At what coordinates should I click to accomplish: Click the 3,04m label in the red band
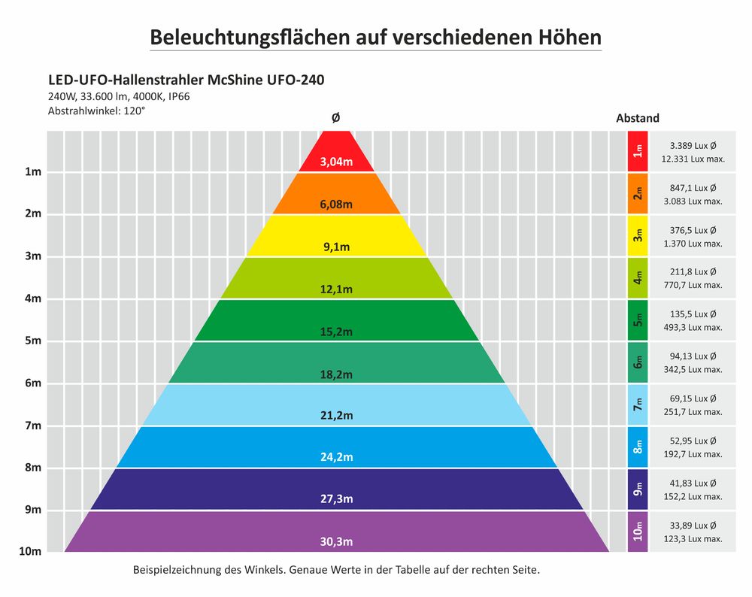coord(336,162)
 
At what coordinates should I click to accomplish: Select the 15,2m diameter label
coord(336,331)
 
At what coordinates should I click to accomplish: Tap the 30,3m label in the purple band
coord(336,541)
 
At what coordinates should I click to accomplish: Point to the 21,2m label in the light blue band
coord(336,415)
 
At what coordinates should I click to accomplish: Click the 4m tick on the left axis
coord(32,298)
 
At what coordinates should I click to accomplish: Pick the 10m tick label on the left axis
coord(29,551)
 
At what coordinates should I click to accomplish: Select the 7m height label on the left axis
coord(32,426)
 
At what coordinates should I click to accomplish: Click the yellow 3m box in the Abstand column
coord(638,236)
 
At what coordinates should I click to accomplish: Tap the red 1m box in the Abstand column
coord(638,151)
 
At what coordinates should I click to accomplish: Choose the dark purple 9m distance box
coord(638,489)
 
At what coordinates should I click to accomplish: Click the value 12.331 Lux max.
coord(692,159)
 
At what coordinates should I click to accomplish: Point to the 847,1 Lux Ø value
coord(692,187)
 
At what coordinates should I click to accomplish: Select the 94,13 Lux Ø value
coord(692,356)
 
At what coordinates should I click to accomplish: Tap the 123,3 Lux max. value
coord(692,538)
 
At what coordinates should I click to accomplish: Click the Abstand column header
coord(638,118)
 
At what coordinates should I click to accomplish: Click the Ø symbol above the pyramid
coord(335,118)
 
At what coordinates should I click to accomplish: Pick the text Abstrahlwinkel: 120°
coord(96,111)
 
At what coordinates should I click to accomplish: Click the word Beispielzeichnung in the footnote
coord(177,569)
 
